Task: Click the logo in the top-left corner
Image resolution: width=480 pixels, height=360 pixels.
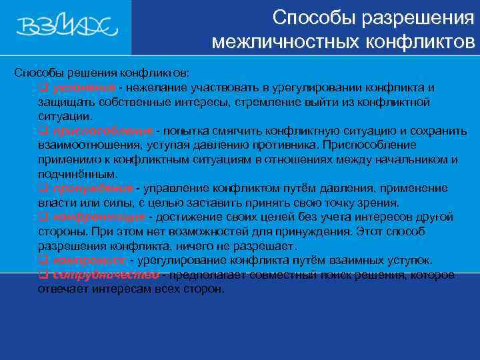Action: pyautogui.click(x=67, y=27)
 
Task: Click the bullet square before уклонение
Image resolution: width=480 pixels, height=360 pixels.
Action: pyautogui.click(x=42, y=88)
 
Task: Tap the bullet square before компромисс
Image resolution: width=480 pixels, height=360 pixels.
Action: pyautogui.click(x=42, y=260)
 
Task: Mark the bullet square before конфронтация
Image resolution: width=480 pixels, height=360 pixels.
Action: pyautogui.click(x=42, y=217)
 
